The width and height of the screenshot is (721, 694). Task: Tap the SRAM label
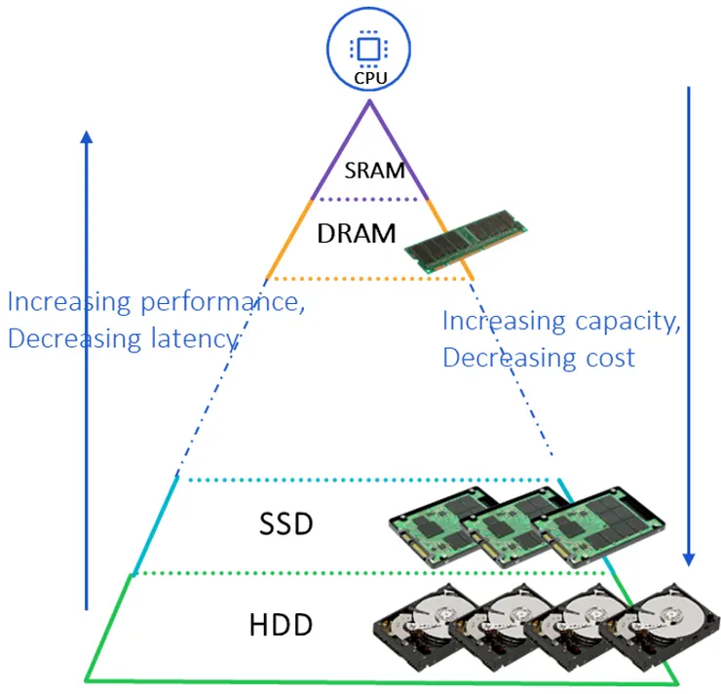(374, 171)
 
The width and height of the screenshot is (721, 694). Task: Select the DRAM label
(357, 234)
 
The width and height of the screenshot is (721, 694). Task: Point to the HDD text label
(281, 625)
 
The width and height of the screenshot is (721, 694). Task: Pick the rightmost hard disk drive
(648, 626)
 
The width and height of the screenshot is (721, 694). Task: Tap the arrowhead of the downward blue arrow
(689, 559)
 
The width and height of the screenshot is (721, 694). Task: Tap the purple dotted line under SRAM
(369, 200)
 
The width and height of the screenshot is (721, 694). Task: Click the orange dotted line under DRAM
(369, 279)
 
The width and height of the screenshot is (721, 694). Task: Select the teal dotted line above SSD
(370, 480)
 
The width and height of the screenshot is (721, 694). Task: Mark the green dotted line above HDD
(370, 573)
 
